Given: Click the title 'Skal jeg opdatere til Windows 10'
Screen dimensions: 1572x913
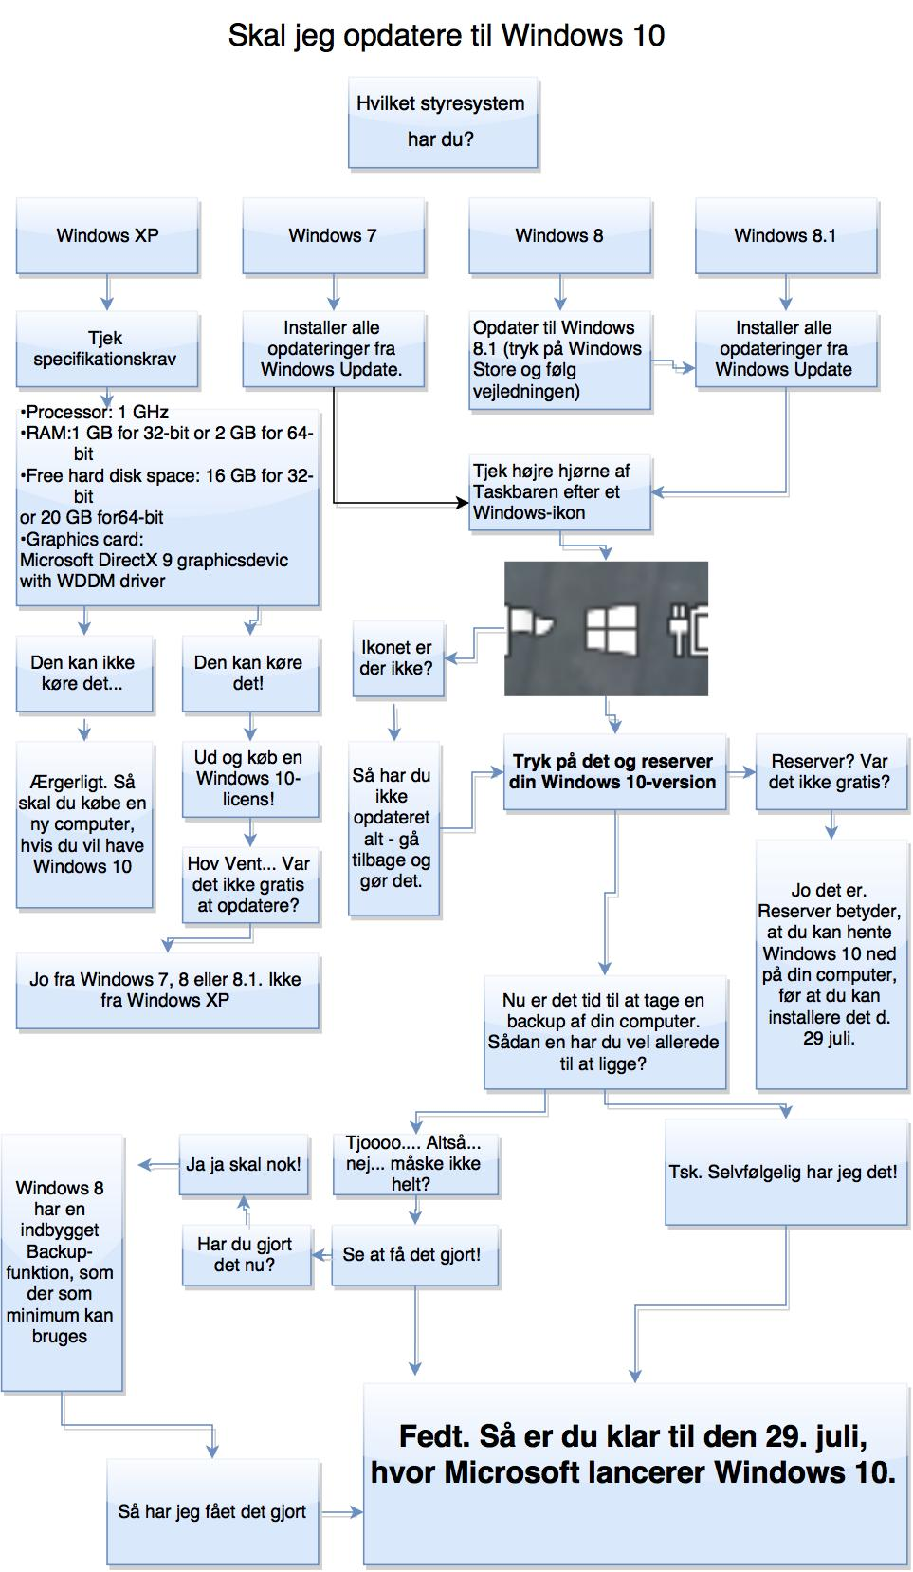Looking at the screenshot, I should pos(446,36).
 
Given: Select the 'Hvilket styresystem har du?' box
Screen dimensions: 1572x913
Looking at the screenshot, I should pos(443,122).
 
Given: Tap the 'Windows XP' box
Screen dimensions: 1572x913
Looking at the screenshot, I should pos(107,236).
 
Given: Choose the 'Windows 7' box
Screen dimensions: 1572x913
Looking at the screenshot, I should pos(333,236).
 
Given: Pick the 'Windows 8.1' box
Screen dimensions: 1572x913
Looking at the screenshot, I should pos(786,236).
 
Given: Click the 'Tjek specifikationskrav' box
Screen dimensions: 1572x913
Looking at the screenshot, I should pos(106,349).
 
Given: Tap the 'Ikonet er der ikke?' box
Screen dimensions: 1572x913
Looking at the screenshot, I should pos(397,658).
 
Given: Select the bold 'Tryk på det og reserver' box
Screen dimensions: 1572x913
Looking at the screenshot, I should pos(613,772).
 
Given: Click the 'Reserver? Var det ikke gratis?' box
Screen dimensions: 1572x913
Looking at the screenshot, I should pos(830,772).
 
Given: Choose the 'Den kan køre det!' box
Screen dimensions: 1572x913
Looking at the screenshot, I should pos(249,673).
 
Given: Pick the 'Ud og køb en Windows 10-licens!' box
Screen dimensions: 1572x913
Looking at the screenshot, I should pos(249,779).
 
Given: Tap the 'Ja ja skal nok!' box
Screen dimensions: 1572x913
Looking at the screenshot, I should pos(244,1164).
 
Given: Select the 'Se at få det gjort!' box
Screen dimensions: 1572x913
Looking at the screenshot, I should pos(413,1254).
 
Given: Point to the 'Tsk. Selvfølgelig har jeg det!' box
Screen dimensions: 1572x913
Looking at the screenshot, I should pos(783,1173).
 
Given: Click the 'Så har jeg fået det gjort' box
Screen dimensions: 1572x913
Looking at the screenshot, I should pos(212,1511).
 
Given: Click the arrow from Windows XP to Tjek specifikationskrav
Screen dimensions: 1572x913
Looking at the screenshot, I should pos(107,292).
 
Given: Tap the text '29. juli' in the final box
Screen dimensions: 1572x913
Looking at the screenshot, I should pos(816,1436).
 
